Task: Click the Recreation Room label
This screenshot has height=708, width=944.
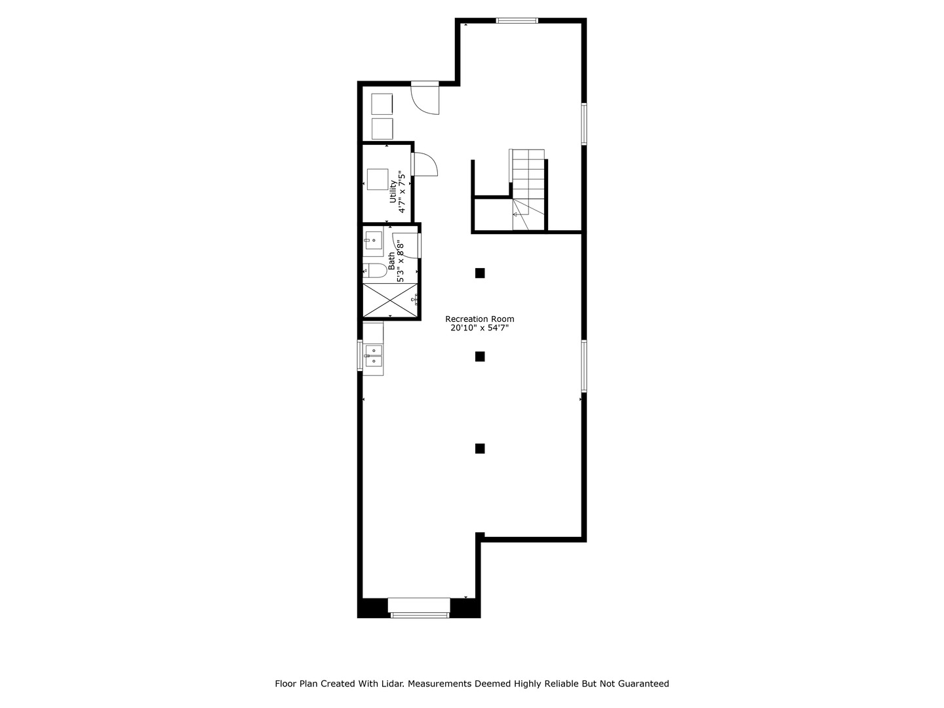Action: click(479, 319)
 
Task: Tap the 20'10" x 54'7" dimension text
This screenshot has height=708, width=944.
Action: click(479, 328)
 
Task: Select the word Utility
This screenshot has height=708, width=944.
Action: click(393, 191)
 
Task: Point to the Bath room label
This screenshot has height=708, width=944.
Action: click(391, 261)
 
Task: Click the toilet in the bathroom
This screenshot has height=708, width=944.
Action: click(374, 270)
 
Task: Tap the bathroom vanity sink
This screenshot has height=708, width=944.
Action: click(373, 241)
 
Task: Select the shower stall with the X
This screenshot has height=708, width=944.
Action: click(391, 300)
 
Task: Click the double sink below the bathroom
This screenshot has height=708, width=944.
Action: click(374, 355)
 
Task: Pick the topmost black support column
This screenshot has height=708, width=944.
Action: click(480, 273)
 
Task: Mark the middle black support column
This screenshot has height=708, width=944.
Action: click(480, 357)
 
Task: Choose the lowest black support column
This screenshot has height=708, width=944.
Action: click(480, 448)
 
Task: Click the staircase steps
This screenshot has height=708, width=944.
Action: click(528, 174)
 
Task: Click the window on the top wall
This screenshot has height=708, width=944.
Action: click(517, 20)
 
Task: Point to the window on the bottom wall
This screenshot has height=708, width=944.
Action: click(420, 614)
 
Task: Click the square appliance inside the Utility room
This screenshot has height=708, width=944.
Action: click(378, 179)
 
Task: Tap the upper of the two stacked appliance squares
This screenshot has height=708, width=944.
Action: click(382, 104)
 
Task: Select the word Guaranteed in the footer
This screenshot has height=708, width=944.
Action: click(645, 684)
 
